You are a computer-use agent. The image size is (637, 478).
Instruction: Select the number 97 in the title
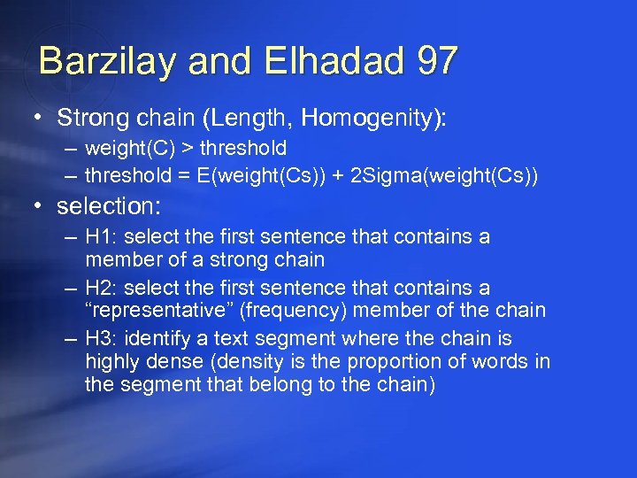point(433,60)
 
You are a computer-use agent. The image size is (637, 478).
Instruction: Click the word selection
point(108,206)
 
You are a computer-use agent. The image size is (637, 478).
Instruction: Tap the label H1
point(97,237)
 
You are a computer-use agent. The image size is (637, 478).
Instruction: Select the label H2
point(97,288)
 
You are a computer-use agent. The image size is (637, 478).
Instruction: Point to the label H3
point(97,338)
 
